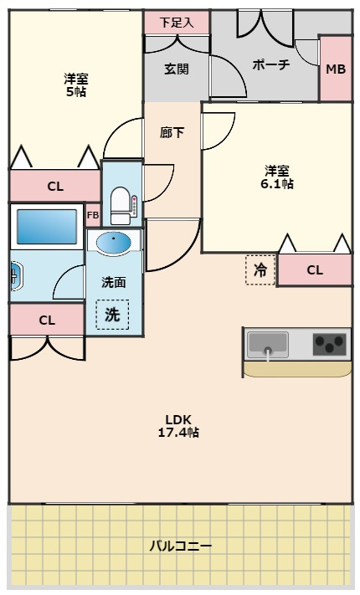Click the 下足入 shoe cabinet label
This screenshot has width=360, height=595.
[x=177, y=23]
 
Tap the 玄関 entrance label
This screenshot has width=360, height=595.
[x=176, y=69]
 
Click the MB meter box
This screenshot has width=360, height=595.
[x=335, y=69]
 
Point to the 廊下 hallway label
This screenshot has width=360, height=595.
[x=172, y=132]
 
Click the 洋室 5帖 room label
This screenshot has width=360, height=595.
[x=76, y=85]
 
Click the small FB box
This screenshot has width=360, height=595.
[x=93, y=215]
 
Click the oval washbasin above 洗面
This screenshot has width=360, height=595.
[x=114, y=243]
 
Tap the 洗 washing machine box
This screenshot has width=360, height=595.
[x=112, y=315]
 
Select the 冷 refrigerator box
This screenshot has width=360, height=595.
[x=260, y=270]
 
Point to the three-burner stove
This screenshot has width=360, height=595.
[x=330, y=344]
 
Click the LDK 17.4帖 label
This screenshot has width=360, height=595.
[x=178, y=426]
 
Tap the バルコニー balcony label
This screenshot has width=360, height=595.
[x=180, y=546]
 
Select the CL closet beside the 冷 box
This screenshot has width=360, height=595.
[x=314, y=270]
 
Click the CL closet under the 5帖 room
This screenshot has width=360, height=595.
[x=54, y=186]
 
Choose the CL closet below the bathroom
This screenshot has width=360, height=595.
[x=47, y=320]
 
